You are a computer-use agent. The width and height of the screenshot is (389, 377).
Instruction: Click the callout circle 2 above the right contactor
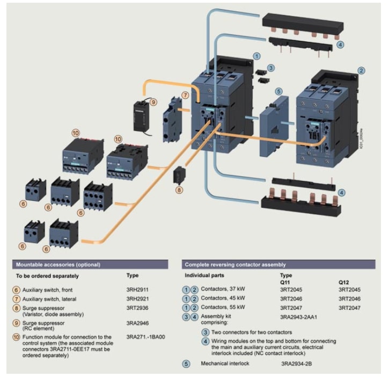tap(361, 70)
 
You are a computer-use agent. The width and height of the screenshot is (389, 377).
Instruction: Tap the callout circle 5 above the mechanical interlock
tap(278, 91)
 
